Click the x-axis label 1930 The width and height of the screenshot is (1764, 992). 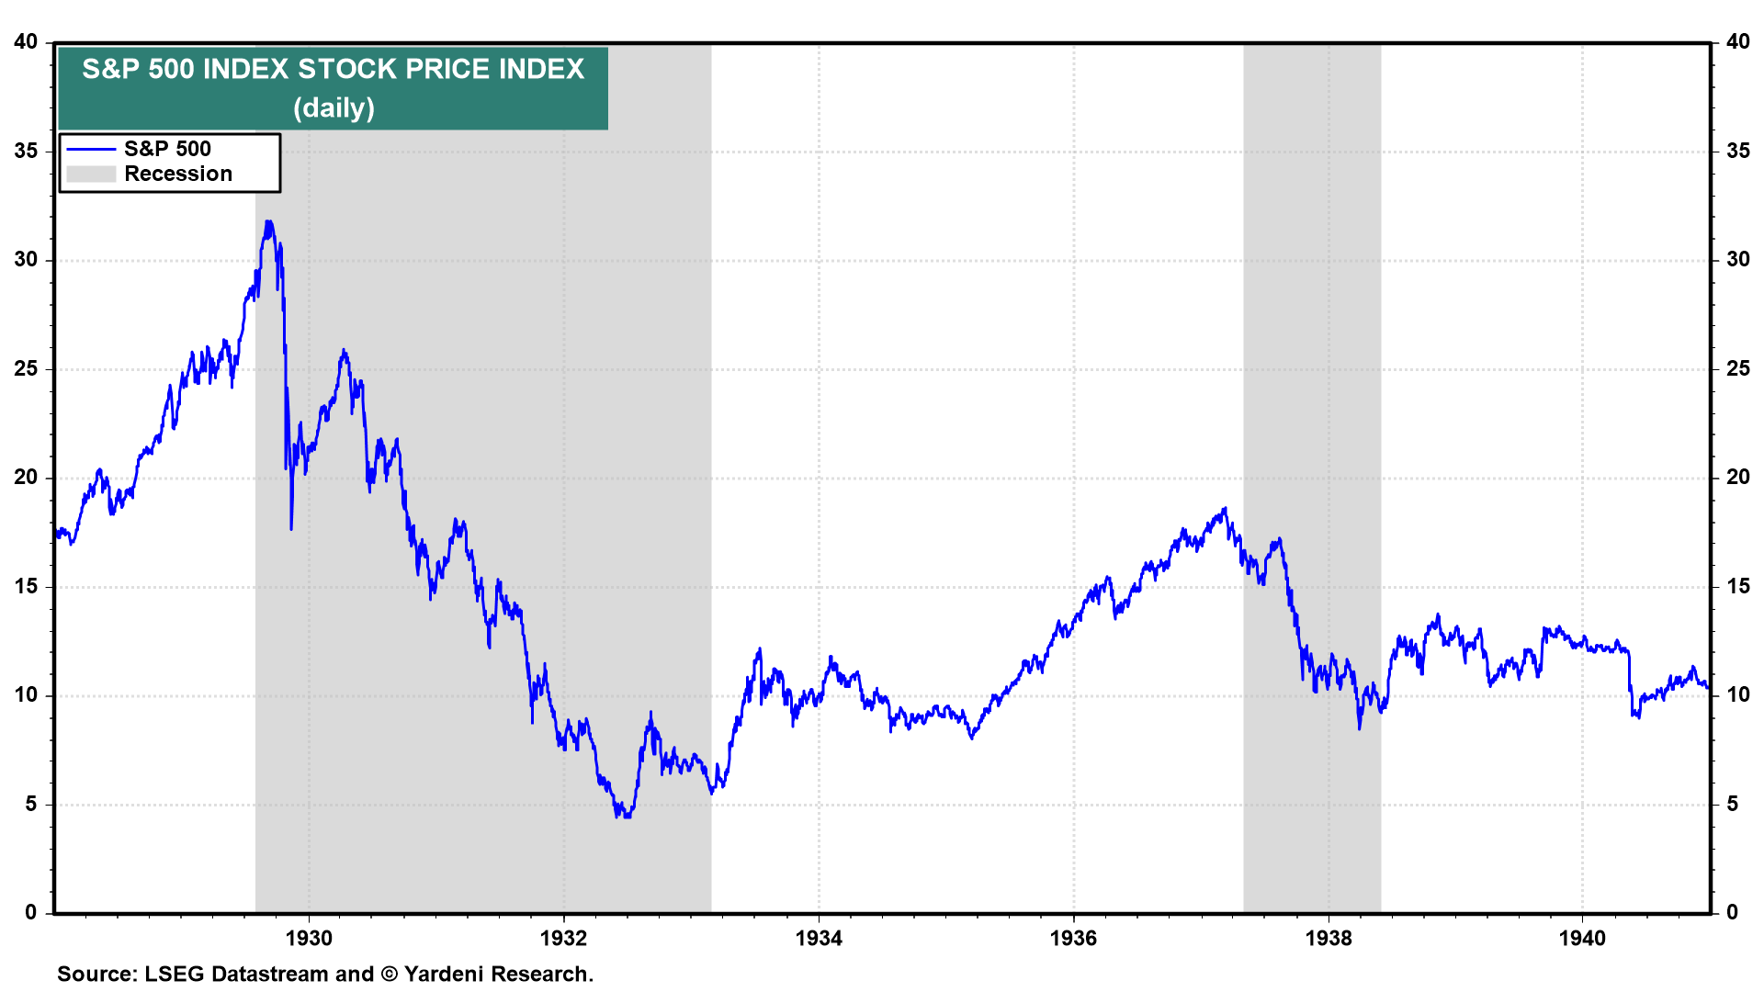tap(309, 938)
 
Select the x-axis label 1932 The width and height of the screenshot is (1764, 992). tap(563, 938)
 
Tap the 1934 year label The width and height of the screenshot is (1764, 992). tap(819, 938)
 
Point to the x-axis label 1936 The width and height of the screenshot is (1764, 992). tap(1073, 938)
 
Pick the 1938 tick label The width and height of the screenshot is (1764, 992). tap(1329, 938)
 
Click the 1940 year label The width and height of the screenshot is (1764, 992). tap(1582, 938)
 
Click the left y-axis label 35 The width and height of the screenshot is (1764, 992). tap(26, 151)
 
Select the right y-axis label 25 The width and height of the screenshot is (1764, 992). tap(1737, 368)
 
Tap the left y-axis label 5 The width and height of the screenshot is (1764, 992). tap(31, 805)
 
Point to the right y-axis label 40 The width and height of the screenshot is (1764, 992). tap(1737, 41)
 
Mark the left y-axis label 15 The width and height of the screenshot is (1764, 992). tap(26, 586)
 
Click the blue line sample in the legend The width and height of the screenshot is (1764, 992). tap(91, 149)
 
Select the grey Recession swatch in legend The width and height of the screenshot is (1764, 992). tap(91, 175)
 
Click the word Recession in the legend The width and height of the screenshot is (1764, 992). tap(178, 175)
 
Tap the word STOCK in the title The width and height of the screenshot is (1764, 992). tap(347, 69)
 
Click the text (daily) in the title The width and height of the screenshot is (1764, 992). tap(334, 107)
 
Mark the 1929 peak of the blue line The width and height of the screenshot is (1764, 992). tap(268, 221)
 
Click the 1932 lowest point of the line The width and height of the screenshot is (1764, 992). tap(626, 816)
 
